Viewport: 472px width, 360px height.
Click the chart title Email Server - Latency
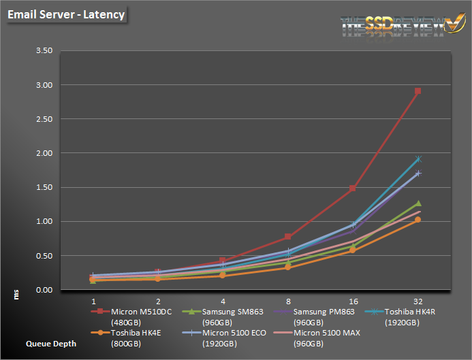[67, 14]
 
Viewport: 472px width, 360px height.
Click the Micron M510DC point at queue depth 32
[418, 91]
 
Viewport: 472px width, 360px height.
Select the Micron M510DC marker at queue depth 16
[353, 188]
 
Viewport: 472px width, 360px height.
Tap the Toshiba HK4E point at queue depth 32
[418, 220]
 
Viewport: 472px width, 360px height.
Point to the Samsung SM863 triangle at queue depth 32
[418, 203]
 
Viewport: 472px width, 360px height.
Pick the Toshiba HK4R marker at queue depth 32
[418, 159]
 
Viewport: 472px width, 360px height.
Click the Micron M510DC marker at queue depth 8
[288, 237]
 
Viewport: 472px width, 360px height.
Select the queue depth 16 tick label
[353, 300]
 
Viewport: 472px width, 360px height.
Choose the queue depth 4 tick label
[223, 300]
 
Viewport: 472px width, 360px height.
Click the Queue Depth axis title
[51, 344]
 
